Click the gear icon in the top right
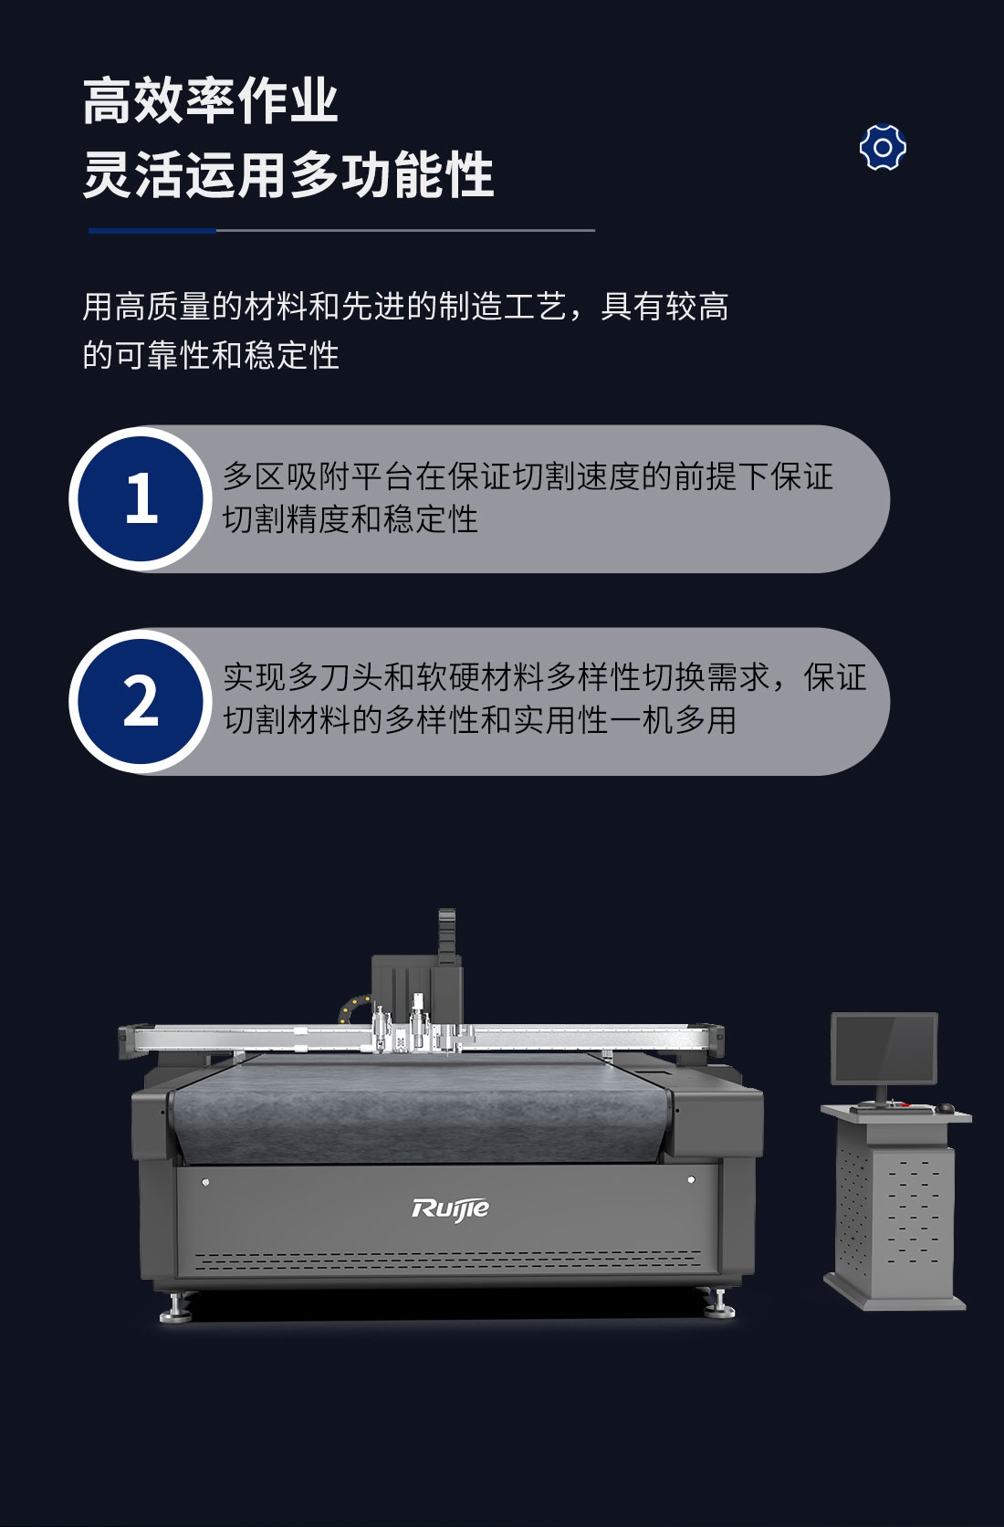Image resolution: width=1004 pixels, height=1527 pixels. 883,147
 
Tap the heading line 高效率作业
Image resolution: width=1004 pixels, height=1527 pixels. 210,101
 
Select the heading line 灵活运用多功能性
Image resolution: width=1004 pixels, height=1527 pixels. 288,174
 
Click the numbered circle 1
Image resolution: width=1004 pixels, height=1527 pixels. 141,498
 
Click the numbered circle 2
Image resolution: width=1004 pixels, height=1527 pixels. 141,701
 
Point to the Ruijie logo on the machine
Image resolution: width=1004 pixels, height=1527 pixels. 450,1208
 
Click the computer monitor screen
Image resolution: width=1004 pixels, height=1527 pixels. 884,1049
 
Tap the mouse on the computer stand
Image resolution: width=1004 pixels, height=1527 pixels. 944,1108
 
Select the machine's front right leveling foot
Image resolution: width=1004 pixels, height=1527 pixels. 719,1302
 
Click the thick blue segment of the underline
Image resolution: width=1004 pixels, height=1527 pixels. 152,230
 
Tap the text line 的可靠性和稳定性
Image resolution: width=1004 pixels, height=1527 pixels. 211,355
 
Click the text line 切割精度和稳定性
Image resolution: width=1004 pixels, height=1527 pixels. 350,518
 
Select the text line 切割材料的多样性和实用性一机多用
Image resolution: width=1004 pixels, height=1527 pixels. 480,720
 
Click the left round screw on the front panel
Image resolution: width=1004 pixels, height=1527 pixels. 205,1181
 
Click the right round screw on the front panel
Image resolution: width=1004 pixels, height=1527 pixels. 691,1178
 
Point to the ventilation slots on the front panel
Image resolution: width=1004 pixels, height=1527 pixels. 448,1259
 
